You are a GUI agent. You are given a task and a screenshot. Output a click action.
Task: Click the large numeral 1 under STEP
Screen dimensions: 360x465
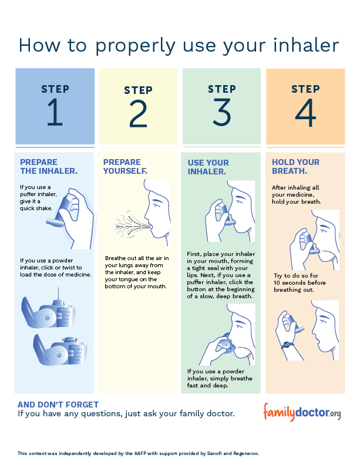click(x=55, y=112)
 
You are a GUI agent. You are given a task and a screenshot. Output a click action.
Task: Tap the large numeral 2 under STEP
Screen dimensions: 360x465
click(x=138, y=113)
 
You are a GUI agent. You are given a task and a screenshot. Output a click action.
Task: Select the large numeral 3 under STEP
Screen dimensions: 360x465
click(x=222, y=112)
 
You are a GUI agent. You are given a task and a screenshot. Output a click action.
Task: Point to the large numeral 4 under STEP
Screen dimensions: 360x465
click(x=305, y=112)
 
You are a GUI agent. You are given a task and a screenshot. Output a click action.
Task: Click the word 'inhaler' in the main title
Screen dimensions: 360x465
click(x=306, y=45)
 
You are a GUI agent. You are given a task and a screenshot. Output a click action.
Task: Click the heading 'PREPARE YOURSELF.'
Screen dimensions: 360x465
click(x=125, y=167)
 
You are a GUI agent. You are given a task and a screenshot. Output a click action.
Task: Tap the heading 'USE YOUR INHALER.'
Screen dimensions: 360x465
click(x=208, y=167)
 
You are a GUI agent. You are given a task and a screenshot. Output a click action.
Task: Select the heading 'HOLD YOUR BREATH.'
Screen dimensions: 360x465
click(x=295, y=167)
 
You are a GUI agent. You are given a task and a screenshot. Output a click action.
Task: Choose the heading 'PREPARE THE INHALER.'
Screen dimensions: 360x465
click(x=49, y=167)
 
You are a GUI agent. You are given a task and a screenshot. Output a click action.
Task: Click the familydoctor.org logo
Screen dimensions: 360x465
click(x=302, y=412)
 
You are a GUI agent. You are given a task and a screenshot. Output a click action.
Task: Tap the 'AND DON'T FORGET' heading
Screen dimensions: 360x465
click(x=58, y=405)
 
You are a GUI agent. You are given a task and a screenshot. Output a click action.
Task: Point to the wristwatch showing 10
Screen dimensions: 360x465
click(x=287, y=345)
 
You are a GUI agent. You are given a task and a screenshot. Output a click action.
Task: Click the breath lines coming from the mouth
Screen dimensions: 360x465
click(x=132, y=227)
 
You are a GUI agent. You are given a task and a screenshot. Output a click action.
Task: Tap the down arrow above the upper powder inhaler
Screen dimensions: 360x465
click(x=58, y=293)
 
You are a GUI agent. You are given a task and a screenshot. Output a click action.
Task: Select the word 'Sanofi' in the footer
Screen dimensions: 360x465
click(x=215, y=453)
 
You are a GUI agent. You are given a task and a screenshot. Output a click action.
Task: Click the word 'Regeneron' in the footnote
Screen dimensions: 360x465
click(x=246, y=454)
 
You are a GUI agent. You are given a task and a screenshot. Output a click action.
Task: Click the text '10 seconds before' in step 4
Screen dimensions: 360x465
click(x=300, y=282)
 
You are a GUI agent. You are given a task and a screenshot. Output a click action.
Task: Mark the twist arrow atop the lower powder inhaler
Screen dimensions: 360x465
click(x=70, y=340)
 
